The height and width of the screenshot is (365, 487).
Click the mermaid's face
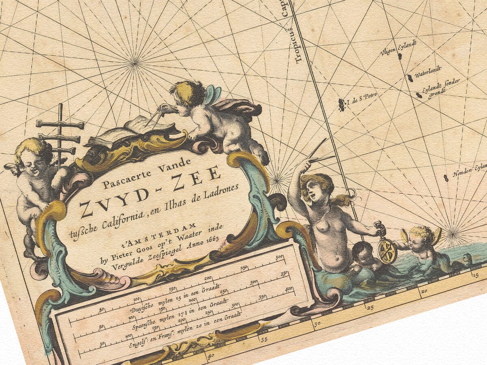310,187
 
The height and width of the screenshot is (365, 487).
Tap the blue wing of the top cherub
213,95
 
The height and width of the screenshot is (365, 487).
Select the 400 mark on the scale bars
289,289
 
